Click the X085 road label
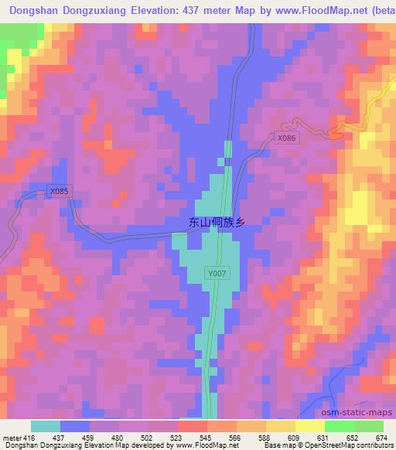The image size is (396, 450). pos(59,191)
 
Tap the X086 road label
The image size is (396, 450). pos(286,138)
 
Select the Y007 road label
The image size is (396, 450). pos(217,274)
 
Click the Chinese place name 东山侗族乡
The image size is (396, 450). pos(217,222)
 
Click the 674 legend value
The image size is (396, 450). pos(381,438)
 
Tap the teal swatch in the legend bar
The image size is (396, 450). pos(45,426)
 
